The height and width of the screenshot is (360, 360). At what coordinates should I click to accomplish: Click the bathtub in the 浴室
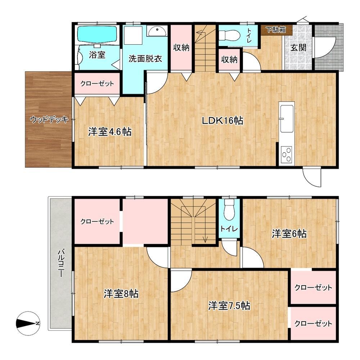point(97,34)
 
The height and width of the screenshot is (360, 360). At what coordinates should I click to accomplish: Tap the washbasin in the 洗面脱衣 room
point(157,31)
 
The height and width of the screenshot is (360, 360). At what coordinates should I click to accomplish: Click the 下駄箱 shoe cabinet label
point(276,30)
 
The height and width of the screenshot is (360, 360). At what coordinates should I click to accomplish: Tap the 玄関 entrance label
point(298,48)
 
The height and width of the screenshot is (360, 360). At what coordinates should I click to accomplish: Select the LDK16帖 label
point(222,120)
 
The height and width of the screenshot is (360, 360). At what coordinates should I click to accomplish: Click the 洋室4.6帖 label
point(110,132)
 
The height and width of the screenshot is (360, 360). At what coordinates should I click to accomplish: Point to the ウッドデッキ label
point(49,120)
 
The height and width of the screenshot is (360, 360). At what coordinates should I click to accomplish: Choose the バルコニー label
point(60,264)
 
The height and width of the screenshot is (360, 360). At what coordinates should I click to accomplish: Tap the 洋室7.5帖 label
point(229,306)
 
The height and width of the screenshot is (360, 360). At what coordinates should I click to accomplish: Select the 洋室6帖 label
point(289,234)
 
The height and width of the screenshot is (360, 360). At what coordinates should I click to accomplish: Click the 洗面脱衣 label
point(145,59)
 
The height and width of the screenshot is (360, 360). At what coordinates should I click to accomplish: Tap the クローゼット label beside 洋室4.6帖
point(97,84)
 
